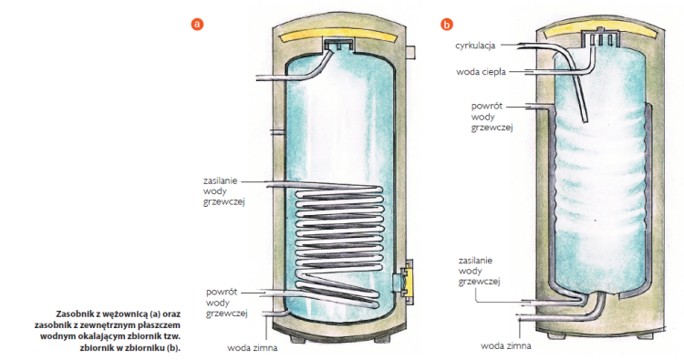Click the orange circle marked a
click(x=197, y=24)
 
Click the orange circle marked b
click(x=446, y=25)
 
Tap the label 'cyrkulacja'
click(x=475, y=46)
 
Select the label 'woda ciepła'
click(x=481, y=72)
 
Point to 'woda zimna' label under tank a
click(x=252, y=348)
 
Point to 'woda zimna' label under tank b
click(x=506, y=346)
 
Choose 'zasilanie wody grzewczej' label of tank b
click(x=479, y=271)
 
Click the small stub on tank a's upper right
click(x=410, y=52)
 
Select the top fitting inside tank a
click(x=338, y=43)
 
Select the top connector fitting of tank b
click(x=601, y=36)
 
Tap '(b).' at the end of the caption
click(x=173, y=348)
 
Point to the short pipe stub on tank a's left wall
click(x=277, y=130)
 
